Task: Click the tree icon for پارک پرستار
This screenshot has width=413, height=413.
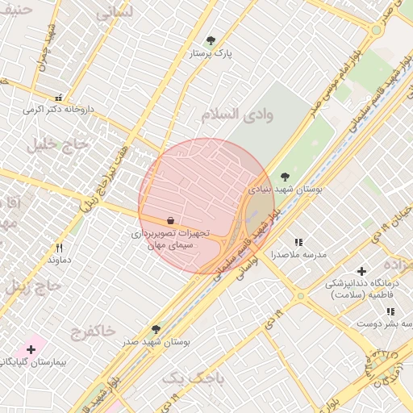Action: pos(211,40)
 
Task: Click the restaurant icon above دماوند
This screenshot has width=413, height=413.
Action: pos(59,248)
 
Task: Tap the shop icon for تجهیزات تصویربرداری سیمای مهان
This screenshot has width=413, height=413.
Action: pos(171,220)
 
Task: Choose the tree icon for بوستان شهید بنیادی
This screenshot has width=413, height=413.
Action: pos(284,177)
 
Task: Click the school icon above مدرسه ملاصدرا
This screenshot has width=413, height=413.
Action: pos(298,242)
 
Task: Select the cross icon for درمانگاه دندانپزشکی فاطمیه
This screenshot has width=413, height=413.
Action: pos(361,272)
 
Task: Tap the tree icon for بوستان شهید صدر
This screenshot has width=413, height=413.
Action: pos(156,329)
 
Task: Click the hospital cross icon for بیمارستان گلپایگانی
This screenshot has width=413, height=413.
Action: pos(31,349)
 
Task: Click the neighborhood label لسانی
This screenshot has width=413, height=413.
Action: pos(115,14)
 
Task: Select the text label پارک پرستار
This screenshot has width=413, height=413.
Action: pos(210,53)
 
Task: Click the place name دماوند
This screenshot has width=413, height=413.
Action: pos(60,260)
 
